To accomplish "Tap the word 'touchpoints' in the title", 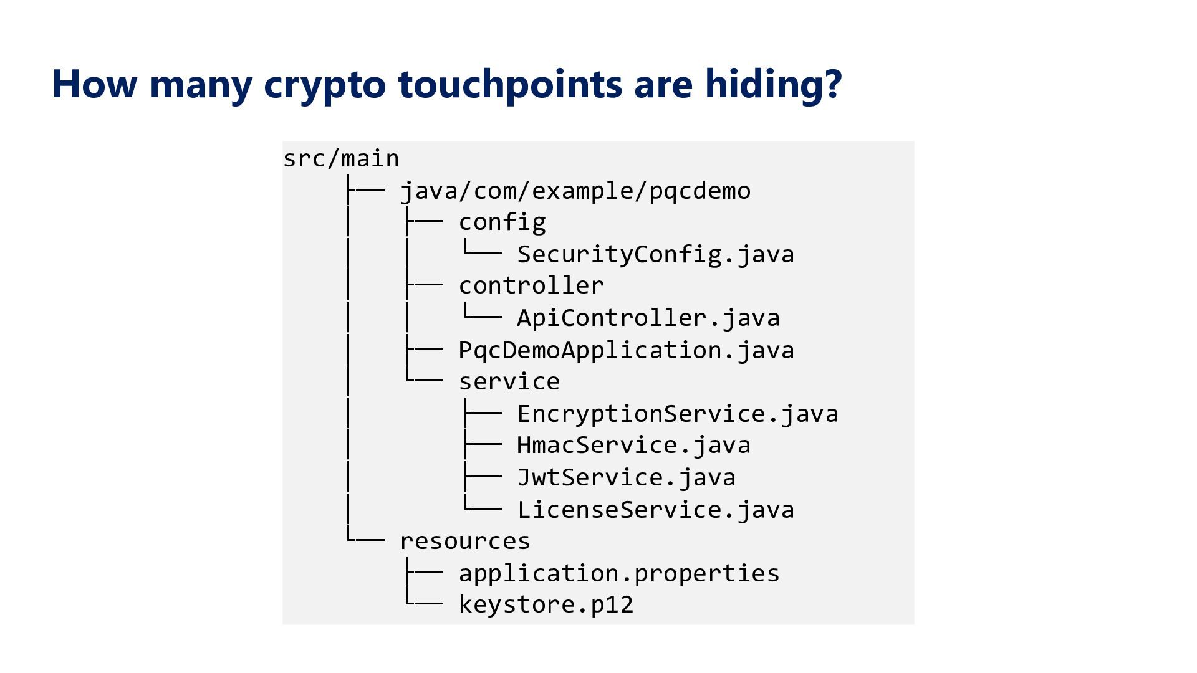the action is pyautogui.click(x=510, y=85).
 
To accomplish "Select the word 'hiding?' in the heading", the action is pyautogui.click(x=774, y=84).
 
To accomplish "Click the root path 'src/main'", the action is pyautogui.click(x=341, y=158).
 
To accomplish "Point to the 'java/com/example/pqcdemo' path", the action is pyautogui.click(x=575, y=191).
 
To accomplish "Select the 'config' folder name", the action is pyautogui.click(x=502, y=222).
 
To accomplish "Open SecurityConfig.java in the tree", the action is pyautogui.click(x=656, y=254).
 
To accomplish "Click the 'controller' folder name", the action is pyautogui.click(x=532, y=286).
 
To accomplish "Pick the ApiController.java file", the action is pyautogui.click(x=648, y=318).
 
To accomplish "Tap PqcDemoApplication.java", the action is pyautogui.click(x=627, y=350).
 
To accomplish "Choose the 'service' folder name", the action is pyautogui.click(x=509, y=381).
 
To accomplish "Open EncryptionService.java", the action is pyautogui.click(x=678, y=414).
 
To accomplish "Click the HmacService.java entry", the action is pyautogui.click(x=634, y=446).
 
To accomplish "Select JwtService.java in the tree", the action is pyautogui.click(x=627, y=477).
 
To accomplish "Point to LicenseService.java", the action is pyautogui.click(x=656, y=510).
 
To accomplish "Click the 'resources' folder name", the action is pyautogui.click(x=465, y=541).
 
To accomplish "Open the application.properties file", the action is pyautogui.click(x=619, y=573).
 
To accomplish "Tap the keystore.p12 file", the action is pyautogui.click(x=546, y=604).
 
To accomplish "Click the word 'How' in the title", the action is pyautogui.click(x=94, y=84).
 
